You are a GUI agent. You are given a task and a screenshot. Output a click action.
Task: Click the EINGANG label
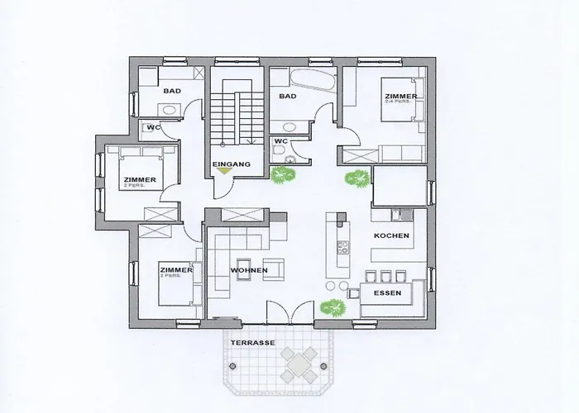tap(231, 165)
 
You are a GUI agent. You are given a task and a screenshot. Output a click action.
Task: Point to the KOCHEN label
tap(391, 236)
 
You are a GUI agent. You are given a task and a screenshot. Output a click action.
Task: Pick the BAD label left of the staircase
tap(172, 91)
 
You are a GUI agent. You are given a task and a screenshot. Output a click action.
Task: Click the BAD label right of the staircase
tap(287, 97)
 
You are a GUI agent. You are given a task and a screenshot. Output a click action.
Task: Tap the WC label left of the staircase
tap(153, 127)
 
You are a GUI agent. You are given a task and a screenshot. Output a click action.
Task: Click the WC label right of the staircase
tap(280, 140)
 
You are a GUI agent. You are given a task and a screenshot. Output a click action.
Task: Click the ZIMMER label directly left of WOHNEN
tap(176, 270)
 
